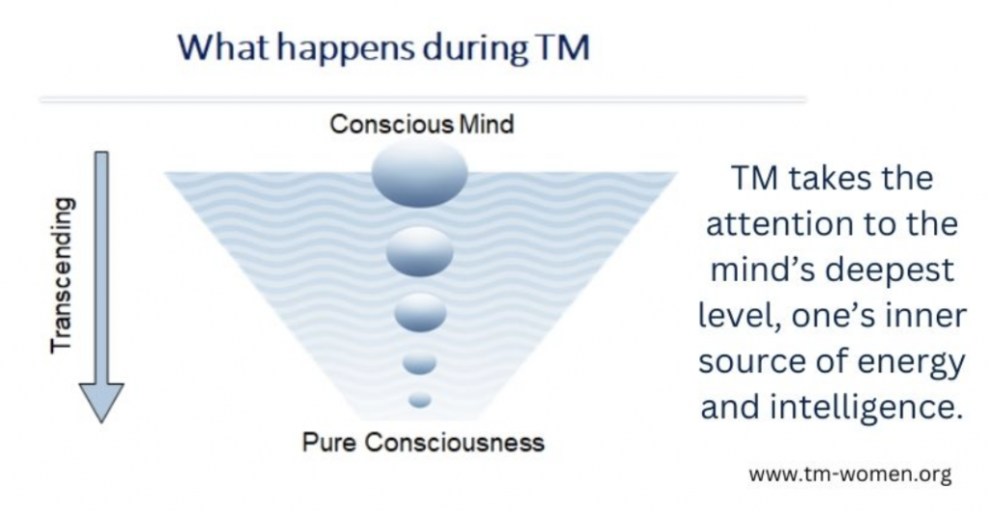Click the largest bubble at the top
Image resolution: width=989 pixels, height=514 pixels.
pyautogui.click(x=419, y=174)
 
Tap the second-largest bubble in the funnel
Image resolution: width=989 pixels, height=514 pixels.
pyautogui.click(x=419, y=251)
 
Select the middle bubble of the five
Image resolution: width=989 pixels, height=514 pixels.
pyautogui.click(x=420, y=313)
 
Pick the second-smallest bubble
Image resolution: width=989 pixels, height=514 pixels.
pyautogui.click(x=419, y=363)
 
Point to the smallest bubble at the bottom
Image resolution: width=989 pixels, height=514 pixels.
pyautogui.click(x=419, y=400)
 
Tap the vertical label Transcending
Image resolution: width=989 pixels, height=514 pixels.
pyautogui.click(x=63, y=275)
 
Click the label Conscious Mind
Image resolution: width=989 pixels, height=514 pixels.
pyautogui.click(x=422, y=125)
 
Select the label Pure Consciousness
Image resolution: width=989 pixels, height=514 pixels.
pyautogui.click(x=423, y=443)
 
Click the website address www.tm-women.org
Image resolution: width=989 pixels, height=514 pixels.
pyautogui.click(x=850, y=473)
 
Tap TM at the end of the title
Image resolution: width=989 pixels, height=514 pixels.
pyautogui.click(x=563, y=47)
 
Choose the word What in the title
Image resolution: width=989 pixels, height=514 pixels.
pyautogui.click(x=224, y=47)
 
